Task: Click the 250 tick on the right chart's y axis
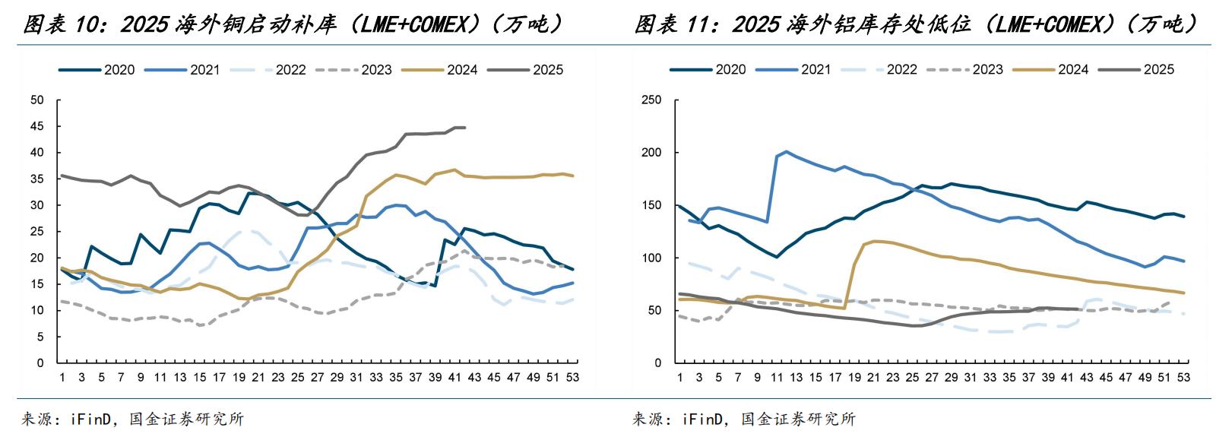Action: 653,100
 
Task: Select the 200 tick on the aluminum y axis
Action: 653,153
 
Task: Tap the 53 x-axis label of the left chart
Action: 573,376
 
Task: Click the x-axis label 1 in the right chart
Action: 679,376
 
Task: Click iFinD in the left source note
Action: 92,419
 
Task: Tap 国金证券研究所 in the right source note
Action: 797,419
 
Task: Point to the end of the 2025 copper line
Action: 464,128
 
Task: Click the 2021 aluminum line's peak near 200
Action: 786,152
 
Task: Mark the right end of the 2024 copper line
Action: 573,176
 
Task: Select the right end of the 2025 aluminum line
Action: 1078,309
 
